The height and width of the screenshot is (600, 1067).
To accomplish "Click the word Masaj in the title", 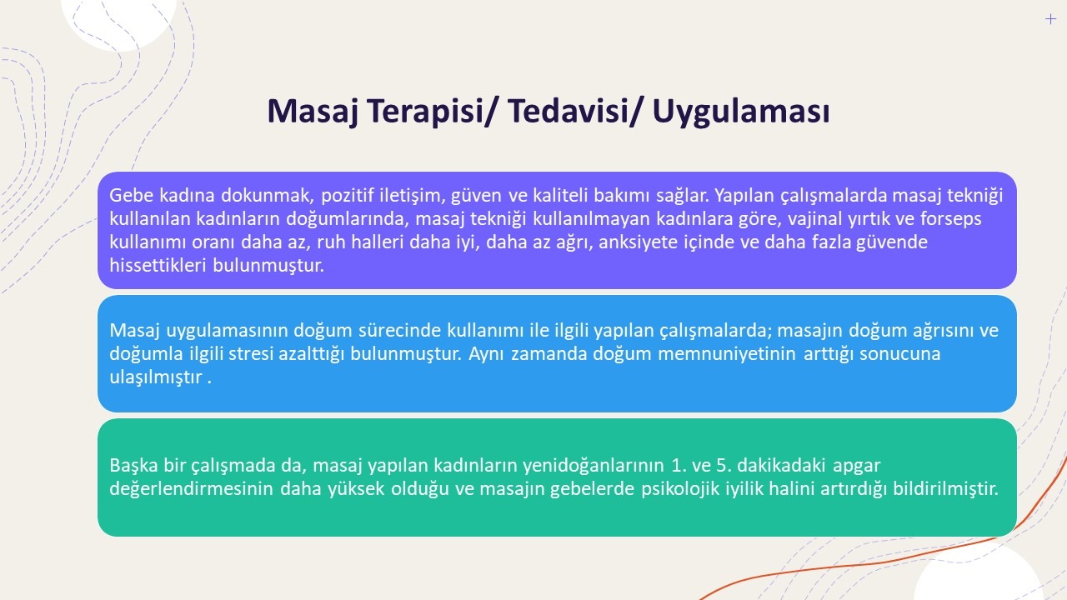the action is [x=313, y=111].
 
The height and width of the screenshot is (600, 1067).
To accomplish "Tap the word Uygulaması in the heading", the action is [x=741, y=112].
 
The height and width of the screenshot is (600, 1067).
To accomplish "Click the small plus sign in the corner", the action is [x=1050, y=19].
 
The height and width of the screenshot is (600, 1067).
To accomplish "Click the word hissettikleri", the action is [x=158, y=265].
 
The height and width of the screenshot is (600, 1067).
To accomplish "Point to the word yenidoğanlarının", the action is [x=593, y=466].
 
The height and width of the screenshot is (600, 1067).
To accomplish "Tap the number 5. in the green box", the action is [x=724, y=465].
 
